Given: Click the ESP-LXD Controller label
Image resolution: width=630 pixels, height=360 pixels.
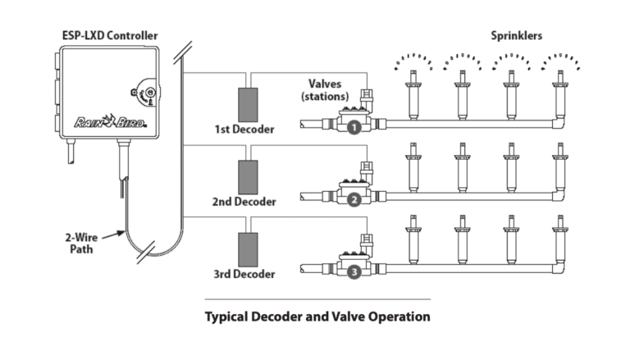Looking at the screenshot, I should [x=111, y=35].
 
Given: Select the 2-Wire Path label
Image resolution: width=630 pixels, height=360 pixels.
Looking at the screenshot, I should [x=81, y=244].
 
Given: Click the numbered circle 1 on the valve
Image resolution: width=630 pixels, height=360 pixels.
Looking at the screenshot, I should [x=354, y=129].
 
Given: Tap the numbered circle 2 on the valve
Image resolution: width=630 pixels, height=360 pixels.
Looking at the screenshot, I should [x=354, y=200].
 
